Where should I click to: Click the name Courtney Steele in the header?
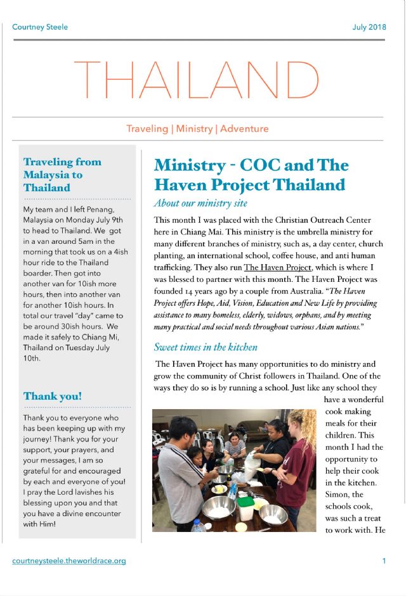(40, 27)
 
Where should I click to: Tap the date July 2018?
(369, 27)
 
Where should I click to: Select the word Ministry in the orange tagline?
(194, 129)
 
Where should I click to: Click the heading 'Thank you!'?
(53, 396)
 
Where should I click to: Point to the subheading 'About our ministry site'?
(200, 203)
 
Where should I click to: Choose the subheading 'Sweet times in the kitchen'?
(206, 347)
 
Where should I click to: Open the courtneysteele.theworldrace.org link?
(69, 561)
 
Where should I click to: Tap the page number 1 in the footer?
(384, 561)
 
